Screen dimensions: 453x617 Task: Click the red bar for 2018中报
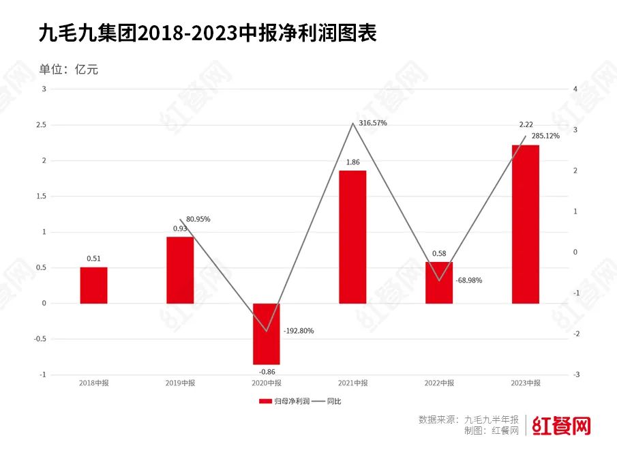pos(93,284)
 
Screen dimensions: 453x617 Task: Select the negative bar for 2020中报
pos(267,334)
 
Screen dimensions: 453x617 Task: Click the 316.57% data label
pos(372,123)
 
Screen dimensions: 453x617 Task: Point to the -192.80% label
pos(299,331)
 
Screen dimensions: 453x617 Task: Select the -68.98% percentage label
pos(469,280)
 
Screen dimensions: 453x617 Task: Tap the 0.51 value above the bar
pos(93,259)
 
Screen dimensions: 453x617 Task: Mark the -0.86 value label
pos(266,372)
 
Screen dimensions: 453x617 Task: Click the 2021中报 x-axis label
pos(352,383)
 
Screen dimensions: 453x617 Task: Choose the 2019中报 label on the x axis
pos(180,383)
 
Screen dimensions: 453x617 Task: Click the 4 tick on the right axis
pos(576,89)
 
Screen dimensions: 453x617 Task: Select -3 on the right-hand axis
pos(577,375)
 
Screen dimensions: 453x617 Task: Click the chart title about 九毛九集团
pos(208,33)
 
